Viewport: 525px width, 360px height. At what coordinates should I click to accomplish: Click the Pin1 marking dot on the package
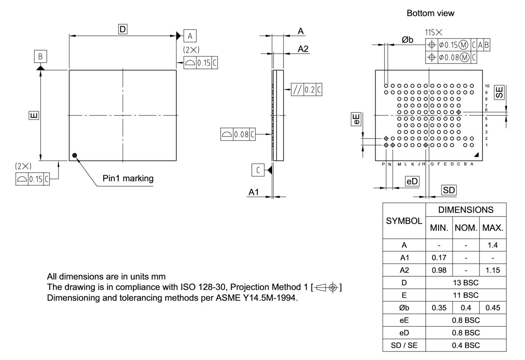(74, 155)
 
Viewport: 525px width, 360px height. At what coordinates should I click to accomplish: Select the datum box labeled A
(190, 36)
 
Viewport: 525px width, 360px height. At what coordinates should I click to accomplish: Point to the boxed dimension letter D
(123, 29)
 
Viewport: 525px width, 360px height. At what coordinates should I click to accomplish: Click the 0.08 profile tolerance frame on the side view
(238, 134)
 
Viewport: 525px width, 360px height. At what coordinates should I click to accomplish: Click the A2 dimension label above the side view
(303, 49)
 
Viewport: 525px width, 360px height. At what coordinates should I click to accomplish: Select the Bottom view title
(430, 14)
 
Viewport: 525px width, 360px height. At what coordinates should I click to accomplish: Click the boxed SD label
(449, 190)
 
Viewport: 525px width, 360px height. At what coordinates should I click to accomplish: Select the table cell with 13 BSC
(466, 283)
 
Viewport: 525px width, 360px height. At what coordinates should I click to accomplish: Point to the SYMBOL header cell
(404, 221)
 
